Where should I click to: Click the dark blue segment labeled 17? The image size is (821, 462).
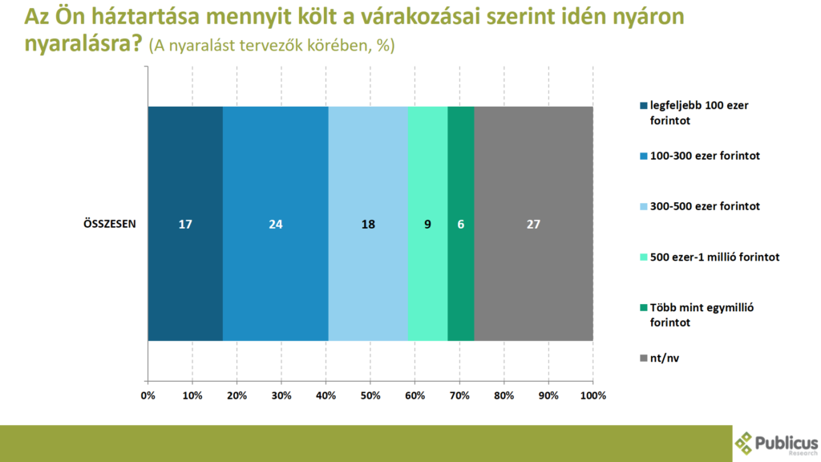coord(185,224)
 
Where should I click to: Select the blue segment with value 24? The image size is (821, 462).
coord(276,224)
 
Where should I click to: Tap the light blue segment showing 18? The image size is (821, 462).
coord(368,224)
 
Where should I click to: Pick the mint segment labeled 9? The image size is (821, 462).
coord(428,224)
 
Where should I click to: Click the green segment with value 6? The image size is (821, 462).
coord(461,224)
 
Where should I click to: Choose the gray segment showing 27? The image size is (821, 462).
coord(534,224)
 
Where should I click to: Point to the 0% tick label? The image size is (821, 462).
coord(148,395)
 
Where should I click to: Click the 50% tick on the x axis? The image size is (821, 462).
coord(370,395)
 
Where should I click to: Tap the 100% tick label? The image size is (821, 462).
coord(592,395)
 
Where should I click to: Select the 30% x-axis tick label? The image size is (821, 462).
coord(281,395)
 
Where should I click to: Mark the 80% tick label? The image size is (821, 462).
coord(504,395)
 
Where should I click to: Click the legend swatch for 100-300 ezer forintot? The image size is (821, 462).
coord(643,156)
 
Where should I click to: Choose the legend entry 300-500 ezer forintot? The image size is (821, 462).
coord(705,206)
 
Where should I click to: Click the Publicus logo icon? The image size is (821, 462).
coord(745,443)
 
